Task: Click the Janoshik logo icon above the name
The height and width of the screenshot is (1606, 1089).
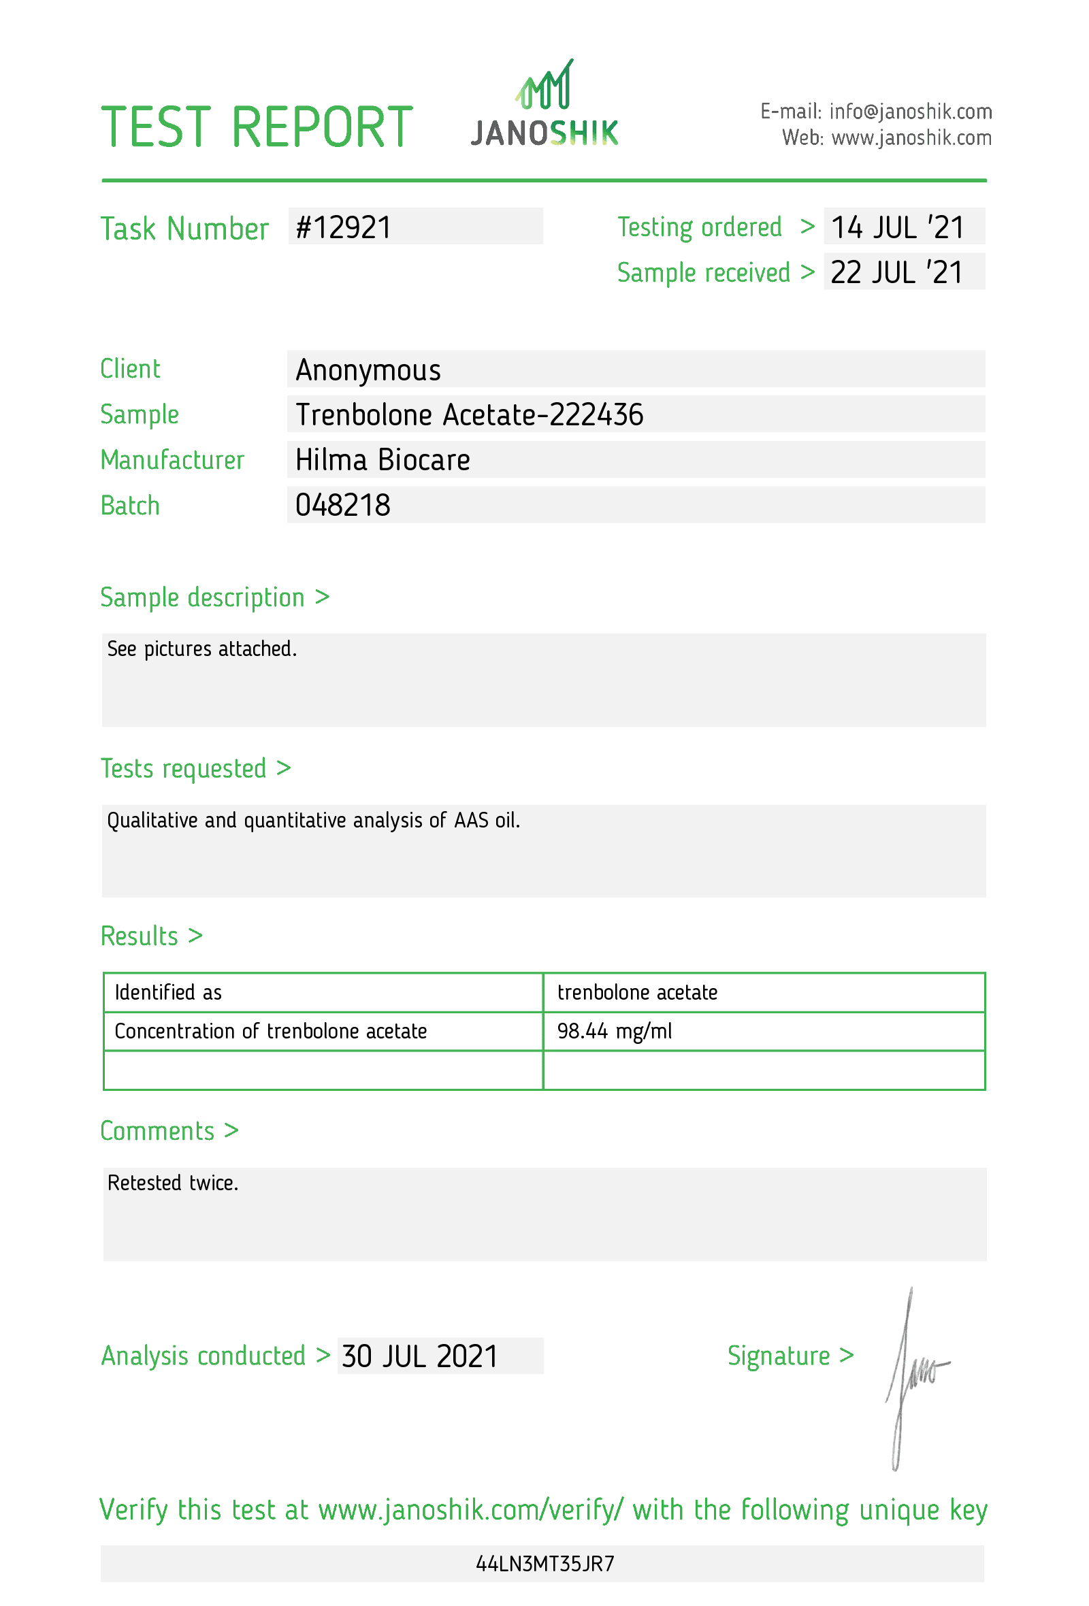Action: [545, 86]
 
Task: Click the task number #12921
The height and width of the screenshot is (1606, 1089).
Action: [344, 227]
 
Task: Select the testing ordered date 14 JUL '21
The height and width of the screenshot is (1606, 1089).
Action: [897, 227]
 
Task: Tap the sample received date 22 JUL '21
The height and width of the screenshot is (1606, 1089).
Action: [896, 272]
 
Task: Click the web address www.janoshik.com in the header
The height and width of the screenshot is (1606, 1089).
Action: [911, 138]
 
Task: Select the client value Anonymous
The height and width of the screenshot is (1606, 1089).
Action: [368, 370]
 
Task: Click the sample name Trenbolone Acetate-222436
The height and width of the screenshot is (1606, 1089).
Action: [469, 414]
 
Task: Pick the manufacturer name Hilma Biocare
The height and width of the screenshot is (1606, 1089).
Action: [382, 460]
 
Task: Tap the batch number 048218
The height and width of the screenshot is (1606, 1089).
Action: [343, 505]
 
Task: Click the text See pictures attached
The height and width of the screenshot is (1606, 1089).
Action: [201, 649]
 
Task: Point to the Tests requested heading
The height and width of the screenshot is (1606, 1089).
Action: [195, 768]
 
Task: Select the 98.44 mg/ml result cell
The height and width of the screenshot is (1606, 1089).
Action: [615, 1031]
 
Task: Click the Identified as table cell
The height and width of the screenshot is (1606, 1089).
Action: [168, 992]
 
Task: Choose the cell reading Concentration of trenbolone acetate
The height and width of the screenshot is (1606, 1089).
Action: [270, 1031]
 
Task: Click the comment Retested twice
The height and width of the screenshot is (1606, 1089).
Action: [173, 1183]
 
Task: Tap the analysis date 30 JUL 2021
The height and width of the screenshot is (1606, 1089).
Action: [419, 1356]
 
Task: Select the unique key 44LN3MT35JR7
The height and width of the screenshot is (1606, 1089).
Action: [544, 1563]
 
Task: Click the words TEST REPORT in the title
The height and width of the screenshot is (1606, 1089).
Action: [257, 127]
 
